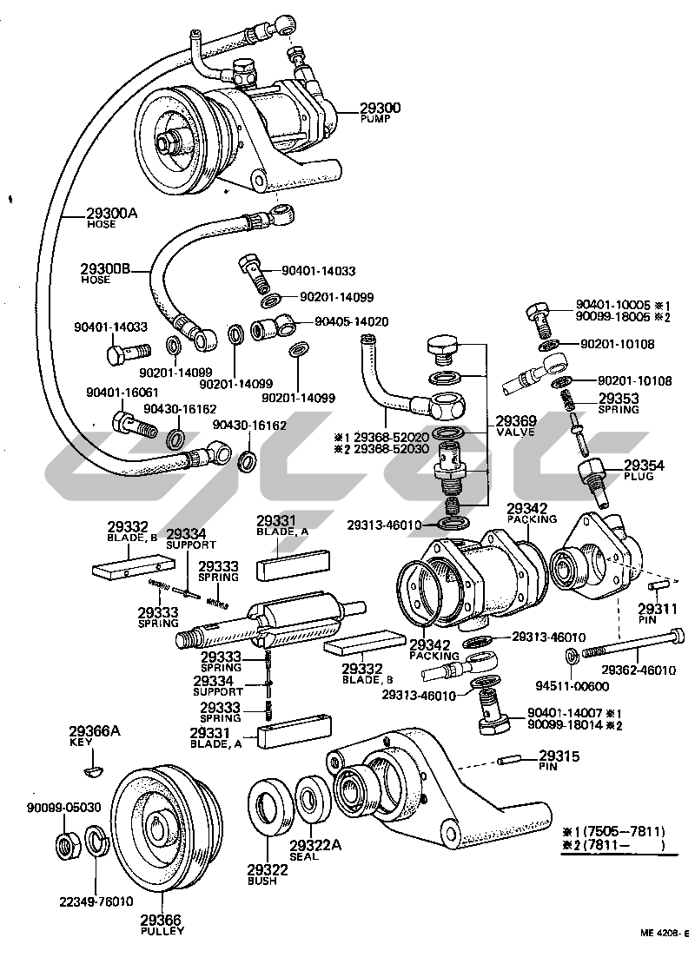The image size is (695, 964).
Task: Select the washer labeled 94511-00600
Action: [571, 655]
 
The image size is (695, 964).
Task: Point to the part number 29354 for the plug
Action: [644, 466]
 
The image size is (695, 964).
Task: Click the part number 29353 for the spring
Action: [619, 399]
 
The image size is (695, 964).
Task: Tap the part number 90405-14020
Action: [351, 321]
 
